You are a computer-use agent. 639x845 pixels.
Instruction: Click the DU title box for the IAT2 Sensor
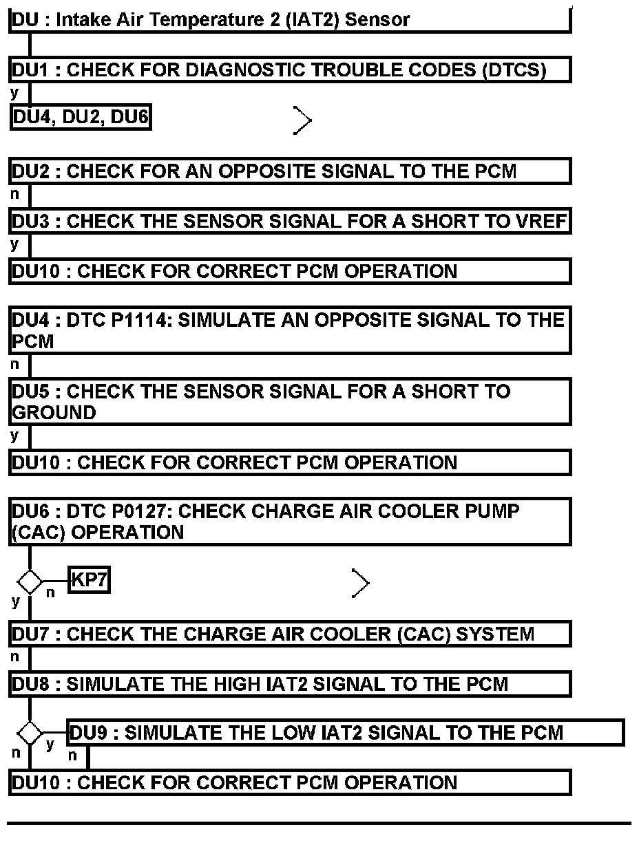[289, 19]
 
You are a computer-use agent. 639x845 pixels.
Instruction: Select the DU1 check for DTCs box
[289, 70]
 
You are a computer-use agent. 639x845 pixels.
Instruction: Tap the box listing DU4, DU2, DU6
[81, 118]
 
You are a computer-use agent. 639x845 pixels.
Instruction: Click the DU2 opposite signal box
[289, 171]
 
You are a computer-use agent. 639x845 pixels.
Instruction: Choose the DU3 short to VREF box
[289, 222]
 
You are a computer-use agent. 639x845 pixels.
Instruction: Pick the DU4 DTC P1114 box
[289, 331]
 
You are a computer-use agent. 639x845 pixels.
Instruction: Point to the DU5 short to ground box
[289, 402]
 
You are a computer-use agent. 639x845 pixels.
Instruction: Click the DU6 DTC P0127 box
[289, 522]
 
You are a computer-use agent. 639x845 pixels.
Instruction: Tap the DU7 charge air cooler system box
[289, 634]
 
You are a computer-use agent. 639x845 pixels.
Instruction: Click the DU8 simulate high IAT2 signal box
[289, 685]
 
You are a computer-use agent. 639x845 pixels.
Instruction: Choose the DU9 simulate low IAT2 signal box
[344, 733]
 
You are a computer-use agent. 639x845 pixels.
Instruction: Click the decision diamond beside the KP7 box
[30, 582]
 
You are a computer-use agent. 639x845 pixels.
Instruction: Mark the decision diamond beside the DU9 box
[30, 734]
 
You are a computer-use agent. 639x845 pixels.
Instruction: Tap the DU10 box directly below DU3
[289, 271]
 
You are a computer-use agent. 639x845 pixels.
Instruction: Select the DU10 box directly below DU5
[289, 462]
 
